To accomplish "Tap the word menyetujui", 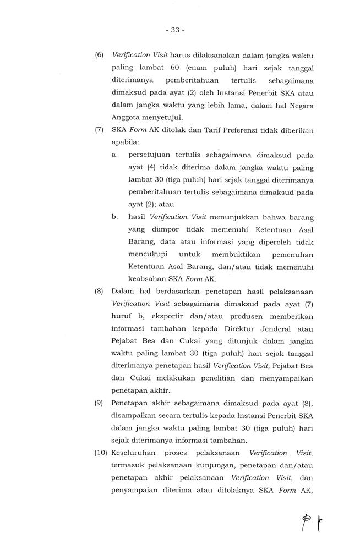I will pos(163,118).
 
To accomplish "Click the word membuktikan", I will pos(226,254).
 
